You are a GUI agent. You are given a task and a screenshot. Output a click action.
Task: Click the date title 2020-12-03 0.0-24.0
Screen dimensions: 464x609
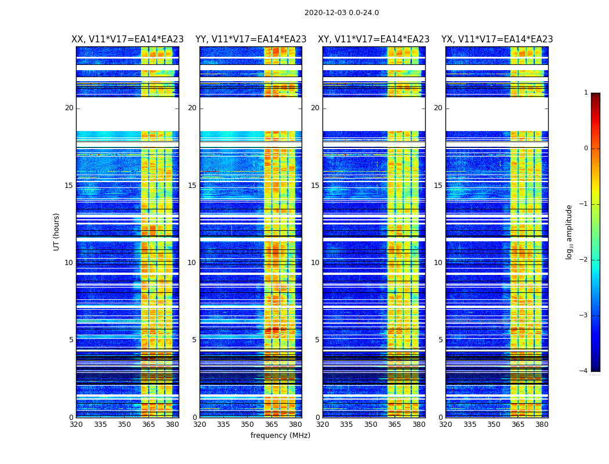pos(342,13)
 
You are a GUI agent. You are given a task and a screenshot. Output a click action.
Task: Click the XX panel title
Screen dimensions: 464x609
pos(128,39)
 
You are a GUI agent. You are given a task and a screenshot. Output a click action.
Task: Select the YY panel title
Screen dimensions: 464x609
pos(251,39)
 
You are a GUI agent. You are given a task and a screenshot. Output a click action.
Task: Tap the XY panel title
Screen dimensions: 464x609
pos(374,39)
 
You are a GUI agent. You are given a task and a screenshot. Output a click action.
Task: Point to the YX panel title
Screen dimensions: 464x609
pos(497,39)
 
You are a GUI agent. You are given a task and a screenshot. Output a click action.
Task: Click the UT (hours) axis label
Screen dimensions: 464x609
pos(57,231)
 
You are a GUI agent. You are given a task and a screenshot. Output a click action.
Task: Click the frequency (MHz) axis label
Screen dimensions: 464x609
pos(280,436)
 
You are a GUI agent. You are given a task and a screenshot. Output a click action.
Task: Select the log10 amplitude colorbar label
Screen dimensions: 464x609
pos(570,231)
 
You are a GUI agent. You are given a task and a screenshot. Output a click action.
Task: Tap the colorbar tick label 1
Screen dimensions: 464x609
pos(585,93)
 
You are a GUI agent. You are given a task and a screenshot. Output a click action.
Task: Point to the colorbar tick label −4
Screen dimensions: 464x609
pos(584,371)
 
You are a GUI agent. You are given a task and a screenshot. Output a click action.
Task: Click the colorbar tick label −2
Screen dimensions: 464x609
pos(584,260)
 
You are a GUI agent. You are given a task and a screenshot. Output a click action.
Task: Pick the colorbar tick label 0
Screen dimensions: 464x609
pos(585,148)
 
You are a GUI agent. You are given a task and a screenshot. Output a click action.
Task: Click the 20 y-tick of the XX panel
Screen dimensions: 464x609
pos(69,108)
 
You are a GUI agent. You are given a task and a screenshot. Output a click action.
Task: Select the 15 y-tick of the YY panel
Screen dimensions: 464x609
pos(192,186)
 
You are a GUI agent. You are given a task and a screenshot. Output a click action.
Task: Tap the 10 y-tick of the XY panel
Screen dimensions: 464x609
pos(315,263)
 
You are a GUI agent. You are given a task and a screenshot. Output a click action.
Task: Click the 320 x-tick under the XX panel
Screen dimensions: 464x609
pos(76,425)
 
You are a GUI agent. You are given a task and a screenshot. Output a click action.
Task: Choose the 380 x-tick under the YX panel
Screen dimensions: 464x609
pos(542,425)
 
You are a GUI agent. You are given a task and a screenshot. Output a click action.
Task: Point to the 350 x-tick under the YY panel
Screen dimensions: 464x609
pos(248,425)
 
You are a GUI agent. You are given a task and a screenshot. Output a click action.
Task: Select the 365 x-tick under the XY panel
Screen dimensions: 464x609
pos(395,425)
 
